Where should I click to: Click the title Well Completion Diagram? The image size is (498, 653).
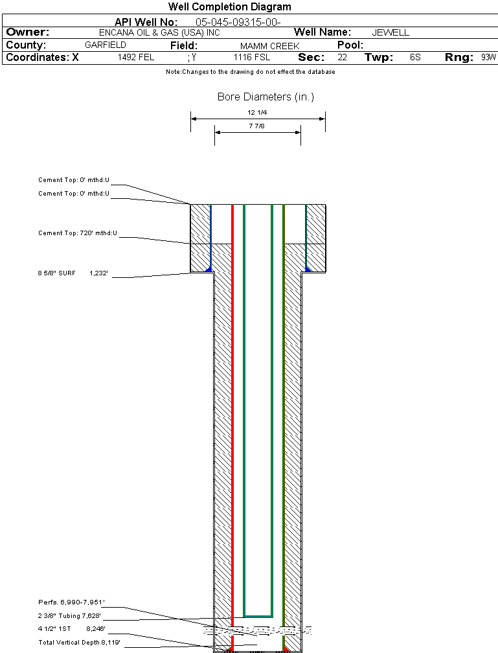point(229,7)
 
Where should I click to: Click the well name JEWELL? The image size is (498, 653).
point(390,32)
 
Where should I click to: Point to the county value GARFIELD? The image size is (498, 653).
point(106,45)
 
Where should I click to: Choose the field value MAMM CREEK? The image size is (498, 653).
point(269,46)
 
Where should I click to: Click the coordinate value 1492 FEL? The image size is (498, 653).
point(136,58)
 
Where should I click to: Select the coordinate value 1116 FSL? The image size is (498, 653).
point(252,58)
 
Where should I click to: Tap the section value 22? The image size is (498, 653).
point(342,58)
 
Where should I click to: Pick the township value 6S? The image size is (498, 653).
point(415,58)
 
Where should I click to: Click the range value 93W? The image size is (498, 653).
point(488,58)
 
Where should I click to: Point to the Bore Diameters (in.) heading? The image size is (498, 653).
point(266,97)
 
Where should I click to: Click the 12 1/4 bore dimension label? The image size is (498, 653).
point(257,112)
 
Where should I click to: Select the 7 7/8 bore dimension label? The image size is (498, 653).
point(257,126)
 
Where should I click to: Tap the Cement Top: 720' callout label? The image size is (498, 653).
point(77,233)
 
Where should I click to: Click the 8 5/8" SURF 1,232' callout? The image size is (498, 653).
point(71,273)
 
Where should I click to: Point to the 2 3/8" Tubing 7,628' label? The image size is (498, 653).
point(69,616)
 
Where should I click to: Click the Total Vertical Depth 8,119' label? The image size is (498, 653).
point(79,642)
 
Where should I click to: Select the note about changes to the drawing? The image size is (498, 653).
point(250,72)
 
